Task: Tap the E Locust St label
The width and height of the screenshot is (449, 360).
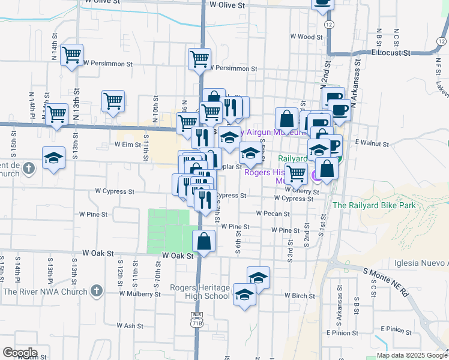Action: click(390, 53)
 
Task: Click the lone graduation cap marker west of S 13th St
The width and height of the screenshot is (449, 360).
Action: click(54, 158)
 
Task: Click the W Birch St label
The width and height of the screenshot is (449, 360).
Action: click(296, 295)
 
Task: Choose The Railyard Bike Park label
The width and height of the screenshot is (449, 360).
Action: click(375, 205)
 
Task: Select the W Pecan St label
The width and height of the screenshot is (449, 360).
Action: click(273, 213)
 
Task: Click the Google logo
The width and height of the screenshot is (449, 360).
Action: click(20, 353)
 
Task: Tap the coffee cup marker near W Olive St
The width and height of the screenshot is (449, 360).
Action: click(322, 2)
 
